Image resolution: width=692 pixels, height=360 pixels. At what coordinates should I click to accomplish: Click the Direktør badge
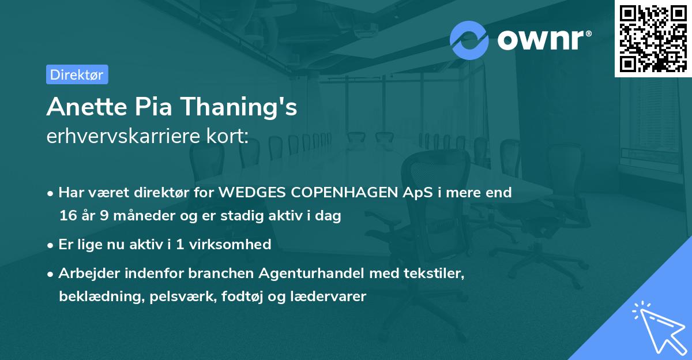click(77, 74)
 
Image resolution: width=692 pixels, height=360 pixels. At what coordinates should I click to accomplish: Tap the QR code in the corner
click(652, 38)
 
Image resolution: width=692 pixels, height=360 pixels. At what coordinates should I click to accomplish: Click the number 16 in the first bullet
click(67, 216)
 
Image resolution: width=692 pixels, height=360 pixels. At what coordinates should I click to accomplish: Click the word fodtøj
click(241, 297)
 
